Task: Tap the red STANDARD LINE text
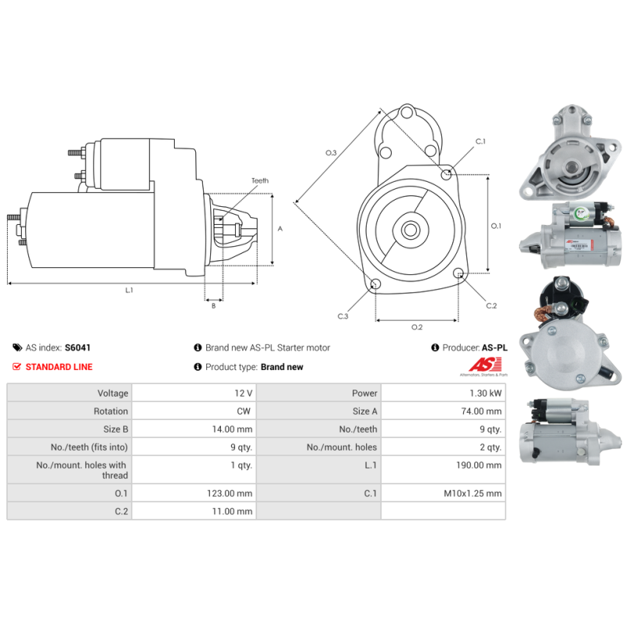[x=59, y=367]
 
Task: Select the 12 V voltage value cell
[x=243, y=393]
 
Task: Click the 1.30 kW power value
[x=487, y=393]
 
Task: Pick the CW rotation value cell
[x=245, y=411]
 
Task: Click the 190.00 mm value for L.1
[x=482, y=465]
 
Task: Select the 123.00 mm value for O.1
[x=233, y=493]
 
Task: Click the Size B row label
[x=115, y=429]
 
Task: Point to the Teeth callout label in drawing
[x=259, y=181]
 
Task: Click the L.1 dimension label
[x=129, y=290]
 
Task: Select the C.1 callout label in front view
[x=480, y=141]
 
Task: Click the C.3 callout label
[x=342, y=316]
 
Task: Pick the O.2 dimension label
[x=417, y=327]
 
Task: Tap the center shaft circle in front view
[x=410, y=230]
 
